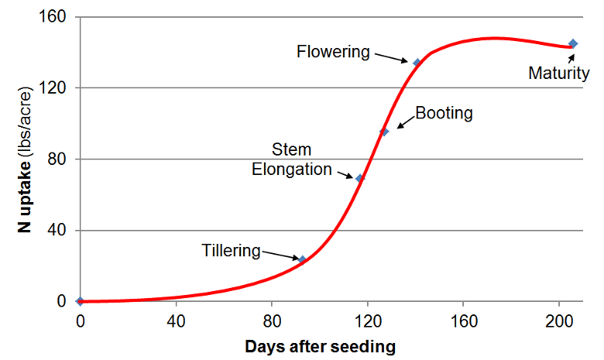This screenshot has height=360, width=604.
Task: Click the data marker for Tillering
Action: (303, 260)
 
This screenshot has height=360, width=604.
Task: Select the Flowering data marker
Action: (417, 63)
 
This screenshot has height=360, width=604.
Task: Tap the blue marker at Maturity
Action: (573, 44)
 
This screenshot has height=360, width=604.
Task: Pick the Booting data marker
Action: (384, 132)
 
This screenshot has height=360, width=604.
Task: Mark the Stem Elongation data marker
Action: (359, 178)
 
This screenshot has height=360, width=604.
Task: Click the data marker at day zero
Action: (80, 301)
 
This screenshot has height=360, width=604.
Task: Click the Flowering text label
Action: (334, 52)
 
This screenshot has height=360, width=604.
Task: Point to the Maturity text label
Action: (558, 74)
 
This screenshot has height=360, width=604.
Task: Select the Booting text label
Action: (444, 113)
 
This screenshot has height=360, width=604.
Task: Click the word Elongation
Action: (292, 169)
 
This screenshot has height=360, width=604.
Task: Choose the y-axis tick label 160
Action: (54, 17)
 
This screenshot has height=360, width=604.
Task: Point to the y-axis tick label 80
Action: (58, 159)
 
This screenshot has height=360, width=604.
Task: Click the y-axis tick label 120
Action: (54, 88)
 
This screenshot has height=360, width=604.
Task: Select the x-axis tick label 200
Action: (559, 321)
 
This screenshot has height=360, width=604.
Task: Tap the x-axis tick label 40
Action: (176, 321)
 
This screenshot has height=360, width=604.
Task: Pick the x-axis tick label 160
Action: (463, 321)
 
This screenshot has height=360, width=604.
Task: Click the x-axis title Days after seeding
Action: (320, 346)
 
